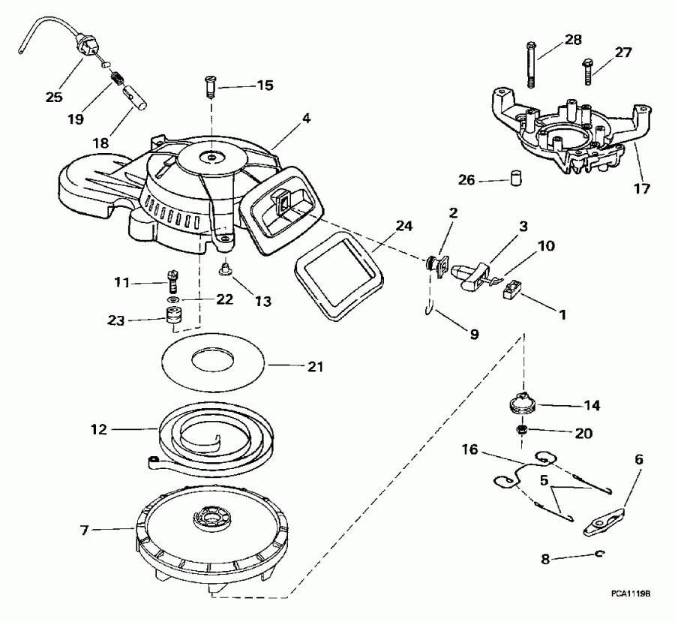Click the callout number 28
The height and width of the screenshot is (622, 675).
pyautogui.click(x=572, y=39)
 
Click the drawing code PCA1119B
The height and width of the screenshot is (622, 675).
pyautogui.click(x=630, y=593)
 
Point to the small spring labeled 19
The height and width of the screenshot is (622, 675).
pyautogui.click(x=117, y=77)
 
